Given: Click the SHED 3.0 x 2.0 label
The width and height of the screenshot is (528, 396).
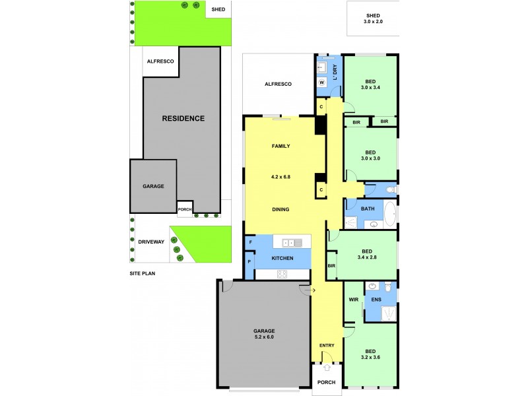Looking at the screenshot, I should point(372,18).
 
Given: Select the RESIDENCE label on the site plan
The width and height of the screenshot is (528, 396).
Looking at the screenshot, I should point(183,119).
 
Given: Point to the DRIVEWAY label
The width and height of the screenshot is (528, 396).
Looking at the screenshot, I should point(150,242).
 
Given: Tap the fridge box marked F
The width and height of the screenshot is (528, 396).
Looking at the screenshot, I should point(250,243).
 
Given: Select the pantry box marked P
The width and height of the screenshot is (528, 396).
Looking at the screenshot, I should point(250,261).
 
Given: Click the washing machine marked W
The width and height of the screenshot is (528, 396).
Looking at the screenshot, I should point(321,82).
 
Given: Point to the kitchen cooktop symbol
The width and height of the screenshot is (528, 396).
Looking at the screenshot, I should point(282,274).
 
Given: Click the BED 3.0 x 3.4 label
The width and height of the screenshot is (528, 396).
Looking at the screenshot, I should point(370,83).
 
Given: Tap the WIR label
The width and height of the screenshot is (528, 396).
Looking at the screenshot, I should point(352,300).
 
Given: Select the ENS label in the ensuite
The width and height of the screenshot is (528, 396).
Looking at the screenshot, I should point(376,300).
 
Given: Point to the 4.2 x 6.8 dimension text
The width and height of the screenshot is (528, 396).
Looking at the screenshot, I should point(281,176).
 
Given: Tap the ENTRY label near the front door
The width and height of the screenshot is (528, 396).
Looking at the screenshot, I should point(327,346).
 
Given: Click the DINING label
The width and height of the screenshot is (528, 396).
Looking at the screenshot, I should point(281,209).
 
